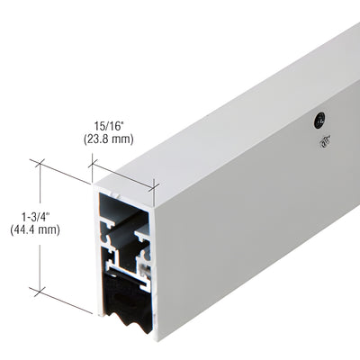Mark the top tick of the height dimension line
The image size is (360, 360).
[39, 164]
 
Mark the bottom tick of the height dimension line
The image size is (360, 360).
[39, 290]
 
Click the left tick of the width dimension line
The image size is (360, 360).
[93, 163]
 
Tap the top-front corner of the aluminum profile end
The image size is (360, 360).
[94, 188]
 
